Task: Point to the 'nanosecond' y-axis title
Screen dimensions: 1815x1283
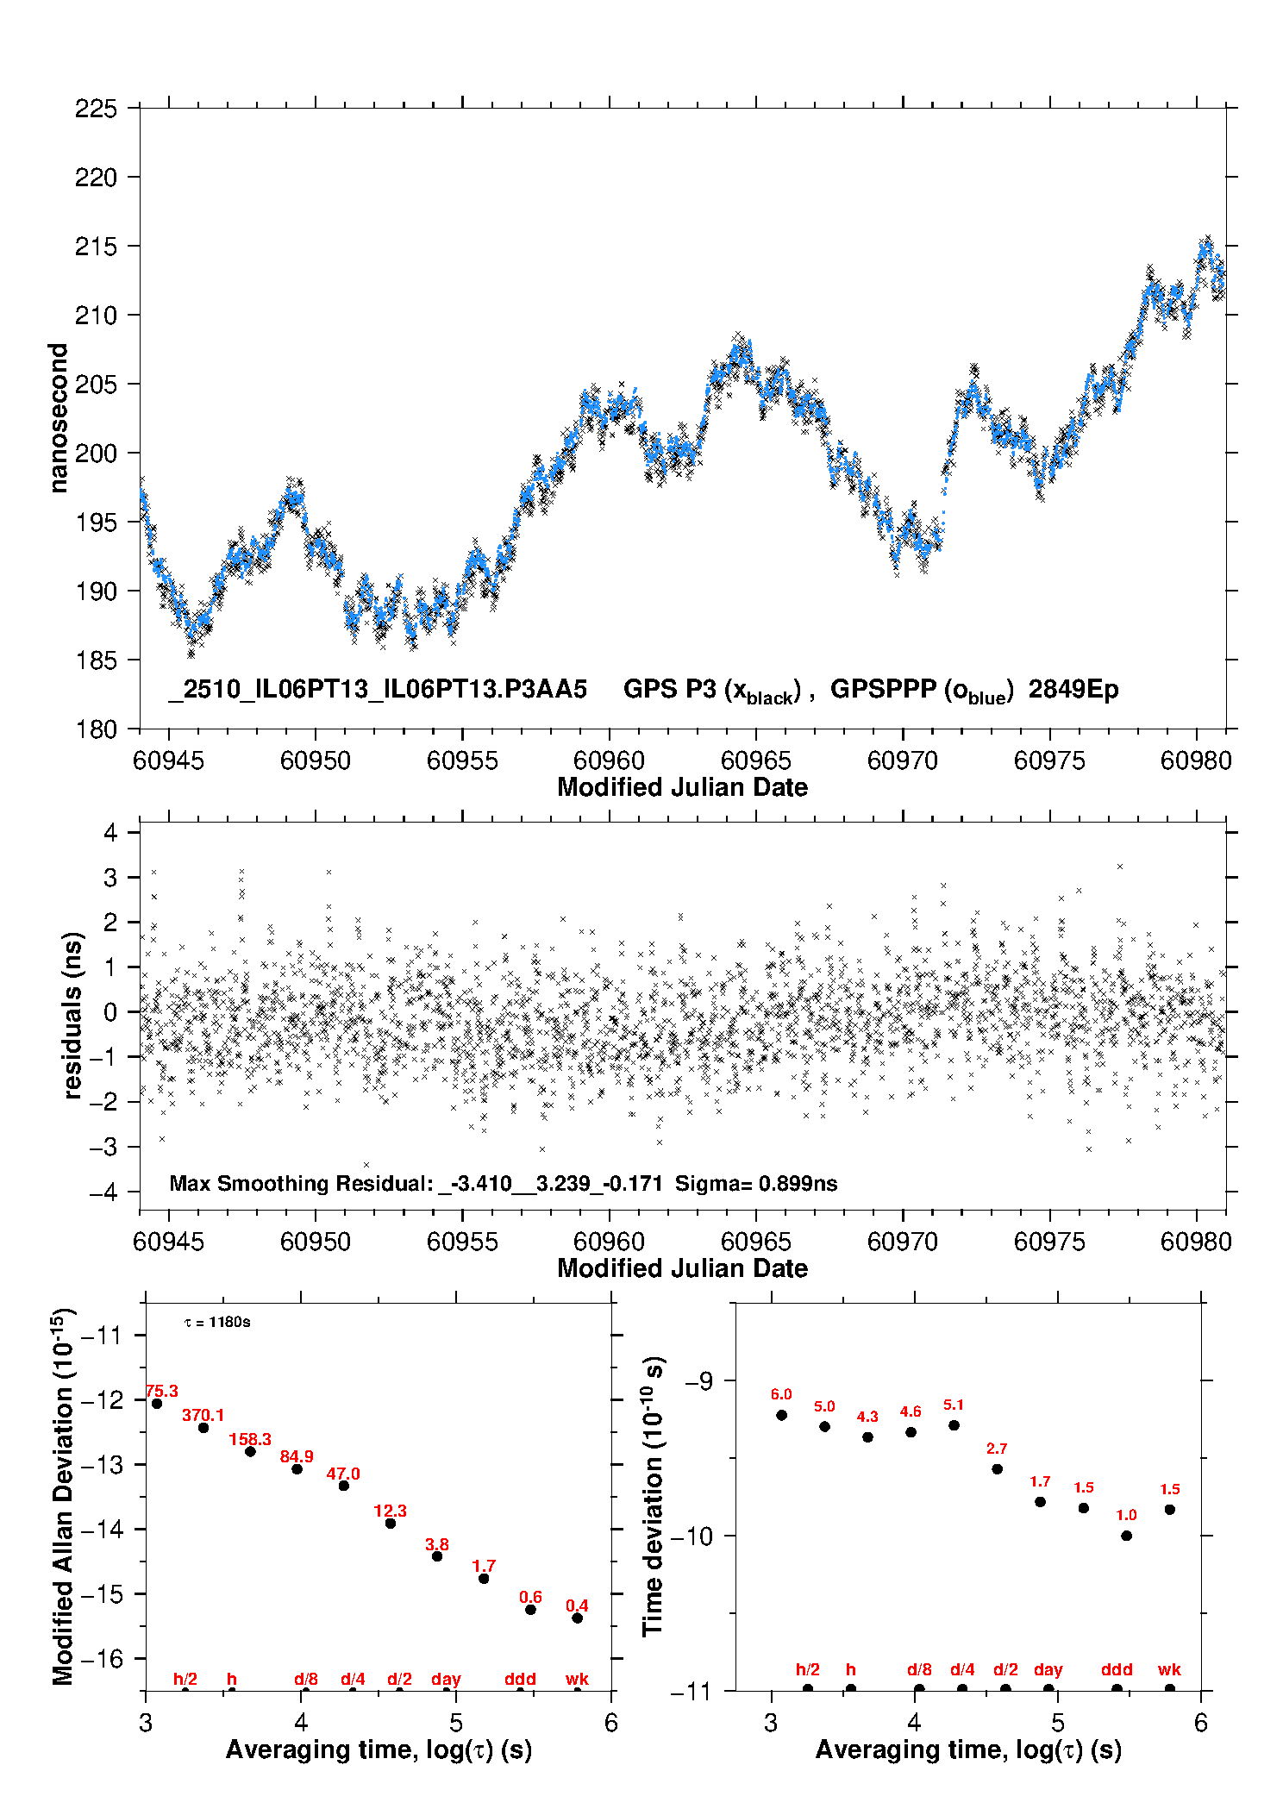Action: (58, 418)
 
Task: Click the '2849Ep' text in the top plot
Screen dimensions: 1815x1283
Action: (1073, 690)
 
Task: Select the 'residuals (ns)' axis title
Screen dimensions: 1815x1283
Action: (73, 1015)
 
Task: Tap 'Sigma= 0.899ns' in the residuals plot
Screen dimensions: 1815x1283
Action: (756, 1184)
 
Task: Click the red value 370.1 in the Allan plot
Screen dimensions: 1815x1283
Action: (203, 1415)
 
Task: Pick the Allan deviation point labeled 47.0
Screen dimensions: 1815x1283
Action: (344, 1486)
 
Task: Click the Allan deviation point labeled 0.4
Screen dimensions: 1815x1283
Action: (578, 1618)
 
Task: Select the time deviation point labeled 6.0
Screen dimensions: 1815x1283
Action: (782, 1415)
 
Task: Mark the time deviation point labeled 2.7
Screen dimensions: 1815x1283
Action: (998, 1469)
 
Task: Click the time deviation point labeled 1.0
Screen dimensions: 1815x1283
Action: (1127, 1536)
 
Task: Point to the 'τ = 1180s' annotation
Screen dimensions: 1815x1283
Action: (217, 1323)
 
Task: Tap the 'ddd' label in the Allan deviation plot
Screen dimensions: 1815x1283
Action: (520, 1679)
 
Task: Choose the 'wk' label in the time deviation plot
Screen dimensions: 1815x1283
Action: (1169, 1670)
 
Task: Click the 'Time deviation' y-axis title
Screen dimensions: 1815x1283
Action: (654, 1496)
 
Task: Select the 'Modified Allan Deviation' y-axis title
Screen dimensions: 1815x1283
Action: (63, 1496)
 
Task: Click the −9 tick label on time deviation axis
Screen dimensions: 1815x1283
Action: (699, 1381)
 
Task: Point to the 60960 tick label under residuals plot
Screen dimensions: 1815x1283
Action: (609, 1242)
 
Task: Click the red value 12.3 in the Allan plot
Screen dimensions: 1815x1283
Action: (390, 1511)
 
